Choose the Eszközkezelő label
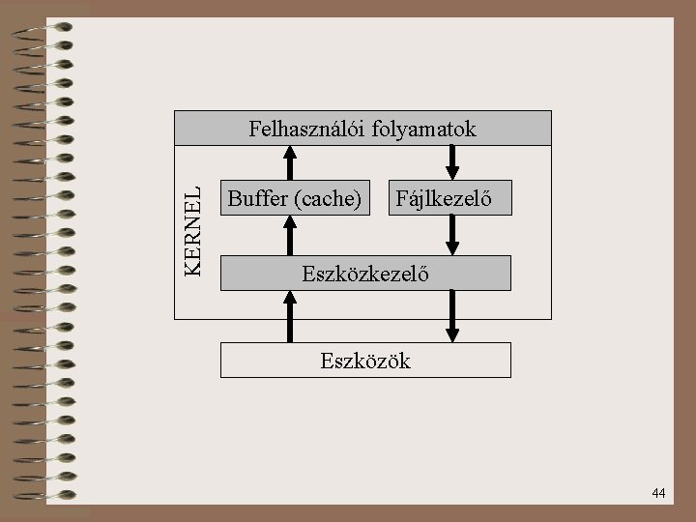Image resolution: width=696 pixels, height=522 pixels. tap(365, 274)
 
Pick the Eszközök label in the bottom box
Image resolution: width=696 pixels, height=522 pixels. tap(365, 362)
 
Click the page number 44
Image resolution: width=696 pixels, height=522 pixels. tap(658, 494)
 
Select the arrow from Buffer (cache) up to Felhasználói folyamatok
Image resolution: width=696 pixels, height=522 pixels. tap(289, 162)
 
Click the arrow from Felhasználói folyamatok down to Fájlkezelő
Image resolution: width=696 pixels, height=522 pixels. tap(451, 162)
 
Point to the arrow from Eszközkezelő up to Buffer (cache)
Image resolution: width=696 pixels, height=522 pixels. tap(289, 236)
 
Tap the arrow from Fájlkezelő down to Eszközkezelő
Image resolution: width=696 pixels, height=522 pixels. tap(451, 236)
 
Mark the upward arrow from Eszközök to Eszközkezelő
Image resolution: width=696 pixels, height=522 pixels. tap(289, 316)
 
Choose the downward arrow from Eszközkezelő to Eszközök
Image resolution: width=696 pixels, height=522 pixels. tap(451, 316)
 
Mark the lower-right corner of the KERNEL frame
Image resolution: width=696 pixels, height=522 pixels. tap(551, 319)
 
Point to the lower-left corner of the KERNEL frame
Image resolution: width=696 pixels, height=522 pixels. tap(175, 319)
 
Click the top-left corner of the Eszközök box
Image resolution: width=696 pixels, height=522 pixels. tap(221, 343)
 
